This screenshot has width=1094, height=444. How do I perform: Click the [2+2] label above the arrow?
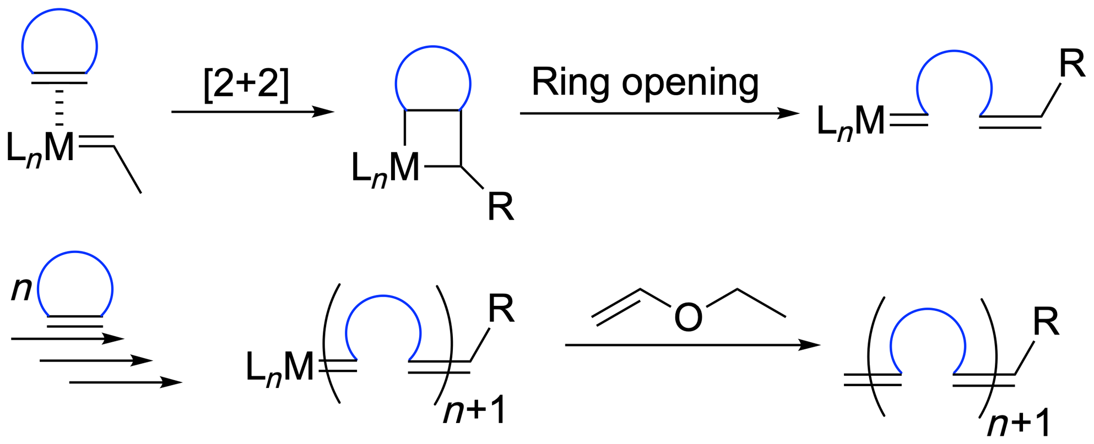pyautogui.click(x=246, y=84)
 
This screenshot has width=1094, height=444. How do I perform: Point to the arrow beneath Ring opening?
pyautogui.click(x=659, y=113)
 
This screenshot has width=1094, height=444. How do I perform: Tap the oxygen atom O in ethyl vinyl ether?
pyautogui.click(x=688, y=317)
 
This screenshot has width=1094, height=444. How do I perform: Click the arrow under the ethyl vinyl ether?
pyautogui.click(x=692, y=345)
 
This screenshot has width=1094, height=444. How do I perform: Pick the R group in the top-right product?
pyautogui.click(x=1071, y=64)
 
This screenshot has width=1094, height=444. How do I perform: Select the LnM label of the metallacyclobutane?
pyautogui.click(x=385, y=168)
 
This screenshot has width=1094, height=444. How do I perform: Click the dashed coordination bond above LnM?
pyautogui.click(x=59, y=107)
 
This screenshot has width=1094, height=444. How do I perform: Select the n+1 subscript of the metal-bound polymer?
pyautogui.click(x=474, y=410)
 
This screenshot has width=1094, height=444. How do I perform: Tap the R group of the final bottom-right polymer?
pyautogui.click(x=1046, y=322)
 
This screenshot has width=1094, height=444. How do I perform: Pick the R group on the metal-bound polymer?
pyautogui.click(x=501, y=309)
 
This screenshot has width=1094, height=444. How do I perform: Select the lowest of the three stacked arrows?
pyautogui.click(x=126, y=382)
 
